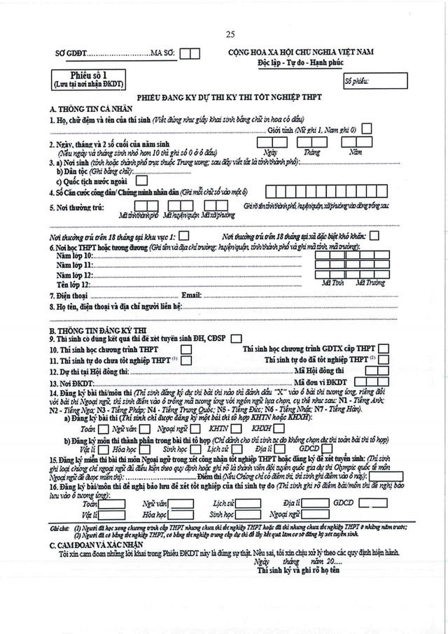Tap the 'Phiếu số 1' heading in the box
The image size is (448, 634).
click(88, 74)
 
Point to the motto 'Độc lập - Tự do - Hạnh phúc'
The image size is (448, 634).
click(301, 63)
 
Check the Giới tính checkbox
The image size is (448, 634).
click(367, 129)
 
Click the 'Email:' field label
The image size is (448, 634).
click(191, 295)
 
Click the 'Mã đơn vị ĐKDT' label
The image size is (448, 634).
click(321, 381)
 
